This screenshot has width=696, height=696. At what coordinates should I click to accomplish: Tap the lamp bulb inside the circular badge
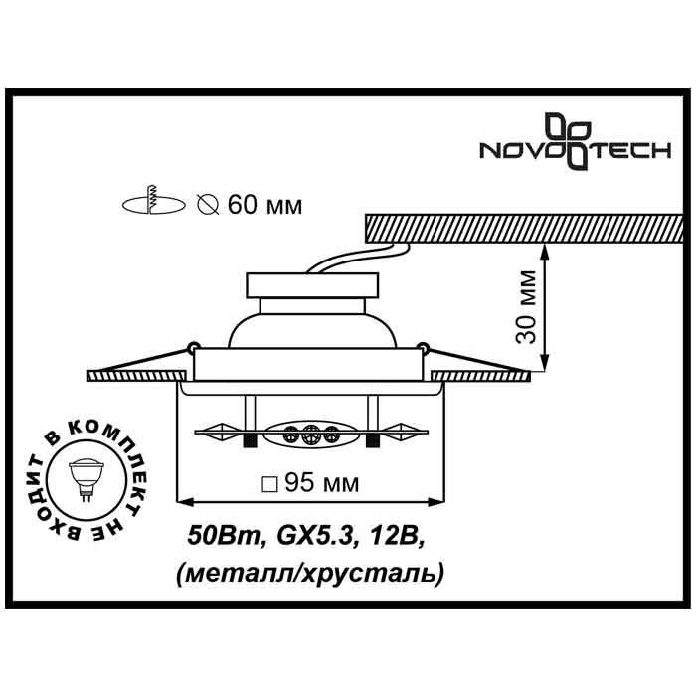point(87,471)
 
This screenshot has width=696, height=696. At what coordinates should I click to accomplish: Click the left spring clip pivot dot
point(188,347)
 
